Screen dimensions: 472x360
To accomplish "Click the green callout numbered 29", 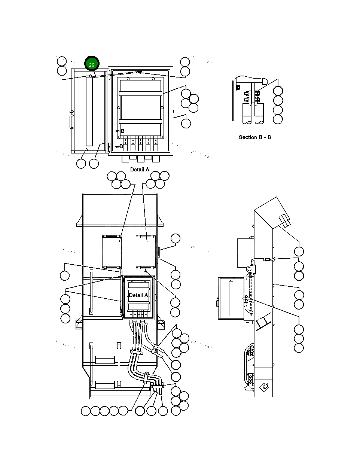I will pos(92,64).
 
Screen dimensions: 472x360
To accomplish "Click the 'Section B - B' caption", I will pos(255,137).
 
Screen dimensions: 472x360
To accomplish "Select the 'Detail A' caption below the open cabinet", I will pos(140,170).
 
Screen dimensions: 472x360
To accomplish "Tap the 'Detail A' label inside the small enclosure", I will pos(138,295).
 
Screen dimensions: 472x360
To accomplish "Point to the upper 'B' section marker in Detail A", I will pos(122,131).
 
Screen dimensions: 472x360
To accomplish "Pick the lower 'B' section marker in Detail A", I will pos(121,146).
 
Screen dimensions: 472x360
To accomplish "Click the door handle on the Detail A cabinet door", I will pos(70,122).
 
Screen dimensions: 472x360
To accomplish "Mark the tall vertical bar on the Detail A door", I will pos(89,111).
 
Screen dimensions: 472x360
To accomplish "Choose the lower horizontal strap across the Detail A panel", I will pos(140,121).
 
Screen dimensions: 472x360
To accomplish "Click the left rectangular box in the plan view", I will pos(111,252).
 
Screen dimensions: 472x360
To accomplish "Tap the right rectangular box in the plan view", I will pos(146,252).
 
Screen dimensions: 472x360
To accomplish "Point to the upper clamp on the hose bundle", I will pos(137,352).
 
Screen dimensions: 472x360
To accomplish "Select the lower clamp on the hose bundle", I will pos(146,377).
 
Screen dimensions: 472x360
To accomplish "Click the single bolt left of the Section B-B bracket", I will pos(238,87).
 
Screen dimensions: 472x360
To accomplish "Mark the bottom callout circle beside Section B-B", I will pos(278,119).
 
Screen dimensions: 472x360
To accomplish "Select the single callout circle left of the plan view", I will pos(65,276).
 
